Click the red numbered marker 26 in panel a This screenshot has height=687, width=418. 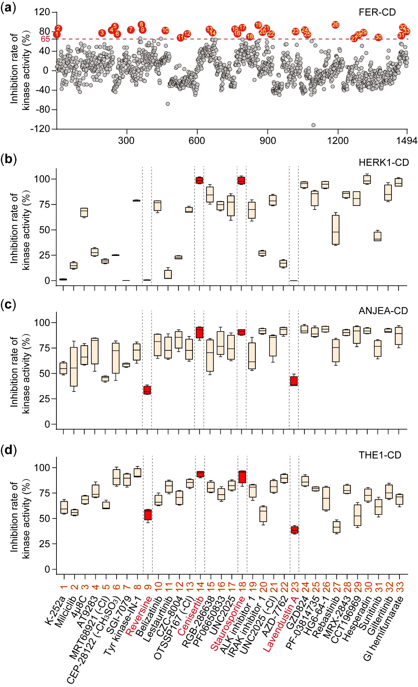[335, 25]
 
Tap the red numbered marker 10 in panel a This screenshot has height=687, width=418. [165, 30]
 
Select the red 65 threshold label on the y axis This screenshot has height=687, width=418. [45, 39]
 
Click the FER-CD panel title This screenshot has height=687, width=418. [377, 12]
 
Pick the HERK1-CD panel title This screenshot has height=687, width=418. [383, 162]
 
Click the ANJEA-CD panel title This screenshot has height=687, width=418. [383, 310]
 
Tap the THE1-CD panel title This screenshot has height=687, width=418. [380, 455]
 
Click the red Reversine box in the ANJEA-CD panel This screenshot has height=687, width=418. [147, 390]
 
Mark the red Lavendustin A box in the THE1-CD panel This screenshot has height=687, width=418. [295, 530]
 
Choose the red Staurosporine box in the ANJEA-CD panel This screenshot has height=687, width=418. [242, 332]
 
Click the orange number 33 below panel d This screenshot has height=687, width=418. [400, 587]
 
